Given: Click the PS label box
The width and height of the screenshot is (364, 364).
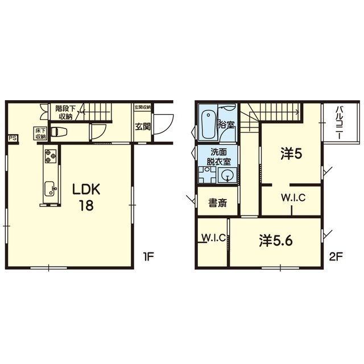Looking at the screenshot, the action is pos(13,138).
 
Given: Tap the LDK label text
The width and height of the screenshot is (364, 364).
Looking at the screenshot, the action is pos(86,189).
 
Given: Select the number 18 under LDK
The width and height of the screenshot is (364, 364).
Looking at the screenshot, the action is pos(86,205).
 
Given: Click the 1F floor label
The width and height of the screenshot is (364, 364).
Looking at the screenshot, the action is pos(148,257).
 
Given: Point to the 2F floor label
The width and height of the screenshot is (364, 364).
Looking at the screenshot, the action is pos(336,257).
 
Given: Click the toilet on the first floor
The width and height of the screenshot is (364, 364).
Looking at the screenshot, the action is pos(59,132).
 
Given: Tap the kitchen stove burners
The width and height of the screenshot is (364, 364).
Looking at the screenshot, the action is pos(51,156).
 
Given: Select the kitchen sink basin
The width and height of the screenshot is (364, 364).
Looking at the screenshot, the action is pos(51,189).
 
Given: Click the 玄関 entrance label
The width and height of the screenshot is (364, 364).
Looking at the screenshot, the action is pos(143,126).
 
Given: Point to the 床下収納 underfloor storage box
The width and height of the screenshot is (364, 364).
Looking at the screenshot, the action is pos(40,134).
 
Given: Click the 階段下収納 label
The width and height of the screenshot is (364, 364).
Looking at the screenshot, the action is pos(65,113).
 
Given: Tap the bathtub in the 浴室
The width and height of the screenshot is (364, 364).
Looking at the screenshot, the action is pos(208,125).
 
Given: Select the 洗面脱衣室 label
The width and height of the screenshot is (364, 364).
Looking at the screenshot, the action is pos(218,157).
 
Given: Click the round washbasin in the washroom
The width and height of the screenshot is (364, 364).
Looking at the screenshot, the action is pos(227,176).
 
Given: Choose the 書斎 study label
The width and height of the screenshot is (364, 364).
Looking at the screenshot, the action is pos(218,202).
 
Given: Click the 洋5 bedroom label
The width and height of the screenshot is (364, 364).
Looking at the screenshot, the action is pos(291,154).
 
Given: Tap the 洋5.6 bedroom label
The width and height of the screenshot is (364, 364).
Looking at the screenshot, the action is pos(276,241).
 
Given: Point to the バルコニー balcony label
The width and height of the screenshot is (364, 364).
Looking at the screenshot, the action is pos(340,122).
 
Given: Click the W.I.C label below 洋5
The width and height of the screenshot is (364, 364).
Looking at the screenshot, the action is pos(293,198).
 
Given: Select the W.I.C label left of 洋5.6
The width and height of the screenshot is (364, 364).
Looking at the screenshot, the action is pos(214,238).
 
